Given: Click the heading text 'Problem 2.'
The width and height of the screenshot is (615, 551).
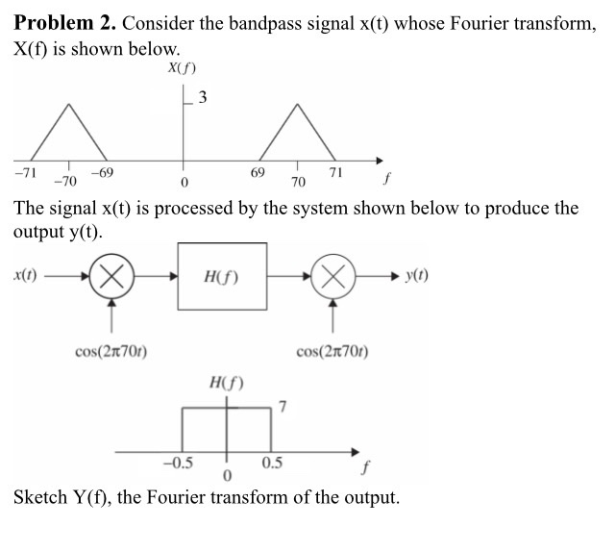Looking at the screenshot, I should click(x=64, y=22).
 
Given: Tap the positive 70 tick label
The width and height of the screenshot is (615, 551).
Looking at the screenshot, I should click(x=297, y=181).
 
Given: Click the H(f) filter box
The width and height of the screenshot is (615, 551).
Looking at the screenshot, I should click(x=222, y=276).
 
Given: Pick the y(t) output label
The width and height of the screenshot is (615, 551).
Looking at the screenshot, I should click(x=417, y=274).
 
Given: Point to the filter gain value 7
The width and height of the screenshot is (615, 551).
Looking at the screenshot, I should click(x=283, y=406).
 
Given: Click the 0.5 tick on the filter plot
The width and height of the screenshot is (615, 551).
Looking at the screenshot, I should click(x=272, y=463).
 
